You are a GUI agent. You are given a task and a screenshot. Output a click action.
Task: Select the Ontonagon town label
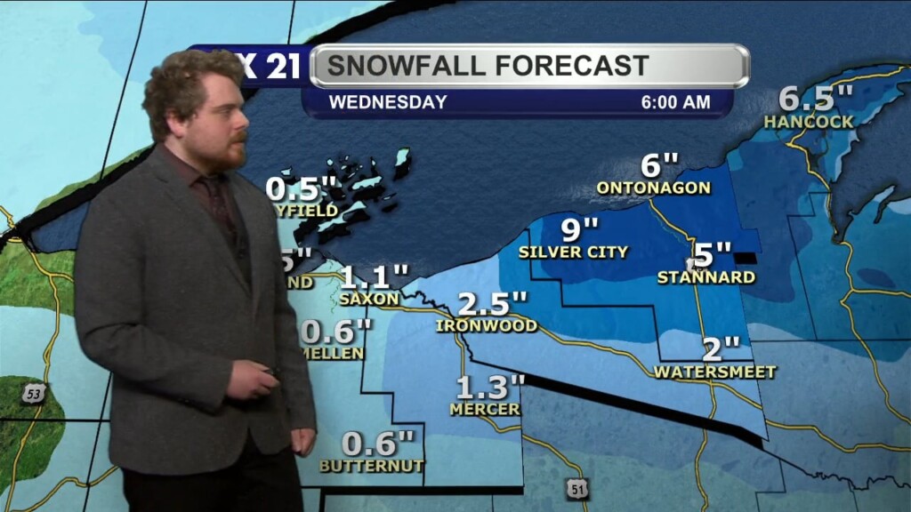pyautogui.click(x=654, y=188)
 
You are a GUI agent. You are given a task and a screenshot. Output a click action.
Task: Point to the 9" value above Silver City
pyautogui.click(x=579, y=229)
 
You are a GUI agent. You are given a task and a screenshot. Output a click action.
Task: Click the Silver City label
pyautogui.click(x=574, y=252)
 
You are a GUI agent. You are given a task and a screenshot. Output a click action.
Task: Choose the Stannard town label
pyautogui.click(x=706, y=277)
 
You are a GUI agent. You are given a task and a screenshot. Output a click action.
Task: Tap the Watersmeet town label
pyautogui.click(x=715, y=372)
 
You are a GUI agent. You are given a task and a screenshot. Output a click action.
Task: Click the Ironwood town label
pyautogui.click(x=487, y=326)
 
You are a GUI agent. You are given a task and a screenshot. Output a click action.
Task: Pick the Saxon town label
pyautogui.click(x=369, y=299)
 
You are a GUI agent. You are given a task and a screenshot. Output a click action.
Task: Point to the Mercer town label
pyautogui.click(x=485, y=410)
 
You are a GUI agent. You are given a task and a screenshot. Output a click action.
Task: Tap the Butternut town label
pyautogui.click(x=372, y=465)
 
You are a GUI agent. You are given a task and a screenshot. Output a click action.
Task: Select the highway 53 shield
pyautogui.click(x=33, y=394)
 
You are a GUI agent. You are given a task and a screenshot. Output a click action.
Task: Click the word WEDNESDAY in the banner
pyautogui.click(x=388, y=102)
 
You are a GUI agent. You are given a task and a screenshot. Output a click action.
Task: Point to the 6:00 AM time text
pyautogui.click(x=676, y=102)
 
